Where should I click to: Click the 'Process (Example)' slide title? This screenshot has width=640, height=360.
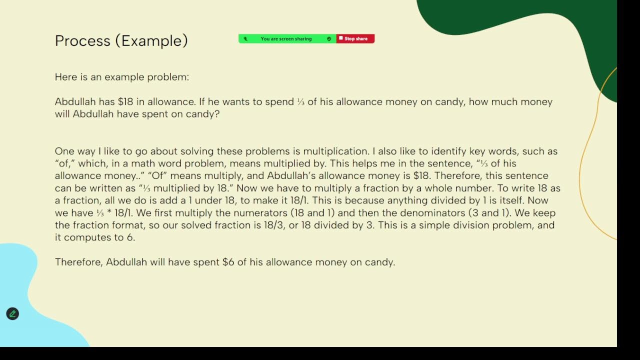click(121, 41)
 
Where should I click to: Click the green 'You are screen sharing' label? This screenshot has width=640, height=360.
click(286, 39)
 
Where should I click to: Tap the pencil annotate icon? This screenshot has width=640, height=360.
click(12, 314)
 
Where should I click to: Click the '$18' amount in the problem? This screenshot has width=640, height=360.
click(125, 102)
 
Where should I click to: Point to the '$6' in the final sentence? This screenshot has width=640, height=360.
click(228, 262)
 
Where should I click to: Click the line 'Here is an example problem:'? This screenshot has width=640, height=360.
click(122, 77)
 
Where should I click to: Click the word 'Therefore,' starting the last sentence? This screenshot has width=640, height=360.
click(79, 262)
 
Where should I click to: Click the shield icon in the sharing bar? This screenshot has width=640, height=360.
click(328, 39)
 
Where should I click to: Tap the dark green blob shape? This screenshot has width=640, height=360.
click(525, 20)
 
